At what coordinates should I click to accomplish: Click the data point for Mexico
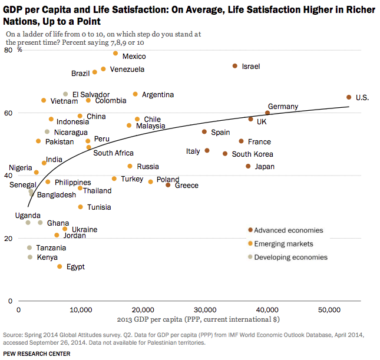click(115, 54)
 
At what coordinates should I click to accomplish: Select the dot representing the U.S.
click(349, 97)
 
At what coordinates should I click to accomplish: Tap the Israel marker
click(235, 66)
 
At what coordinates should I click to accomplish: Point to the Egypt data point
click(60, 266)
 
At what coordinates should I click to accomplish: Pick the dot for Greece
click(168, 185)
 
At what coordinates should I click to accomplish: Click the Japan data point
click(248, 166)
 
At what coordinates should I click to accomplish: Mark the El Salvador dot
click(65, 94)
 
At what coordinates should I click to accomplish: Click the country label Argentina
click(157, 95)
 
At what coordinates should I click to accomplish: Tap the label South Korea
click(252, 154)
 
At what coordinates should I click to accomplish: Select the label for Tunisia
click(99, 207)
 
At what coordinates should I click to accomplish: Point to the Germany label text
click(283, 107)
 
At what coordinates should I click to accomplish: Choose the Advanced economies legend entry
click(289, 230)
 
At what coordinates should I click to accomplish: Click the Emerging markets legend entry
click(284, 244)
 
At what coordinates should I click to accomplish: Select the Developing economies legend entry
click(290, 257)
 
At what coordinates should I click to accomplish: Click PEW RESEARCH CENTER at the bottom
click(37, 354)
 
